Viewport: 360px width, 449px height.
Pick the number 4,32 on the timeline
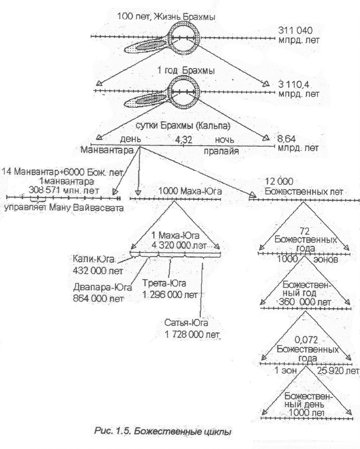coord(183,140)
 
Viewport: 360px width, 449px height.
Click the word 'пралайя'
coord(222,151)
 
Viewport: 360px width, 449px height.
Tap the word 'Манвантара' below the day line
coord(108,151)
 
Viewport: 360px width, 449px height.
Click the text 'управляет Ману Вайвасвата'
coord(64,208)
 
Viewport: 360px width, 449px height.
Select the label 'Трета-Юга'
coord(164,284)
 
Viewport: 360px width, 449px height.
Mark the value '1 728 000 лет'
coord(192,335)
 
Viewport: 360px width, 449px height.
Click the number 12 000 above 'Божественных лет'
coord(279,181)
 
